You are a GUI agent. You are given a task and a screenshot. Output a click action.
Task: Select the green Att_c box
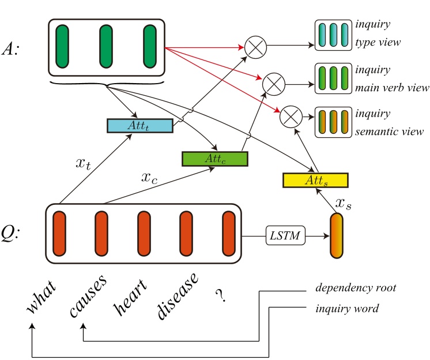coord(214,158)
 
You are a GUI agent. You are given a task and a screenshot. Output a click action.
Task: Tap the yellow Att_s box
coord(315,180)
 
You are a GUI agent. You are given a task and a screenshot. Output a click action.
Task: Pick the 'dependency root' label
coord(355,287)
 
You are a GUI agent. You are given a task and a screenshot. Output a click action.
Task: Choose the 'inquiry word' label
coord(347,309)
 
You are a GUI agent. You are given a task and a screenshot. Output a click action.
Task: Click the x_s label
coord(344,202)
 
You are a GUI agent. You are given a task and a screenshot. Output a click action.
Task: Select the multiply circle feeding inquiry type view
coord(254,47)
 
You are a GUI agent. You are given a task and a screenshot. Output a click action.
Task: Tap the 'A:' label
coord(16,48)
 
